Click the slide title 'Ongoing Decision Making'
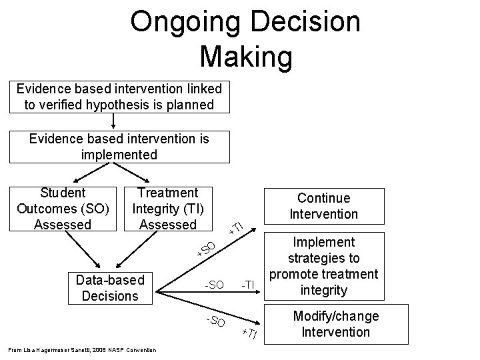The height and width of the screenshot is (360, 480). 245,39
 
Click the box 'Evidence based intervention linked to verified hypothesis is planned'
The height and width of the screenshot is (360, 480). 119,97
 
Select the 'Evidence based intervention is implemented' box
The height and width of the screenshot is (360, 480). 119,147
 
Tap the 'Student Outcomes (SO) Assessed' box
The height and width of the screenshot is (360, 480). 63,209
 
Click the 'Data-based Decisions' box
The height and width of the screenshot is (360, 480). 111,288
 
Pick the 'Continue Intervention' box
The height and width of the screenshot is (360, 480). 324,206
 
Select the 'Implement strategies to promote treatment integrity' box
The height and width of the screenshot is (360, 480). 324,266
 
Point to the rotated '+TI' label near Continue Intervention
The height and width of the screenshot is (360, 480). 235,226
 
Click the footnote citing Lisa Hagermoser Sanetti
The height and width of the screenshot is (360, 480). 83,350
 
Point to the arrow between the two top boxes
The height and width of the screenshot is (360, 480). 114,121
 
